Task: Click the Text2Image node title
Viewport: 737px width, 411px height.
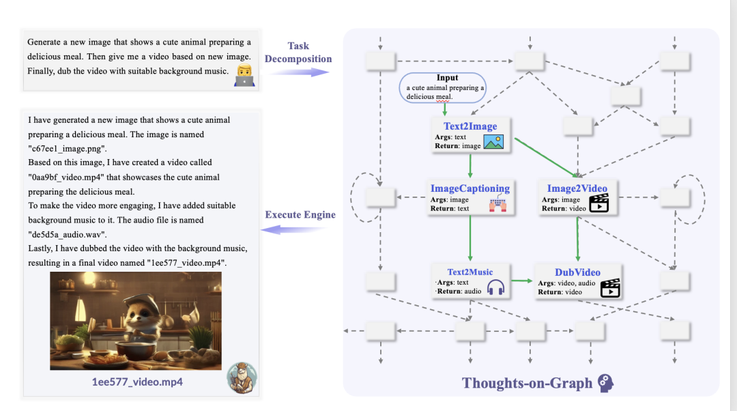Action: pyautogui.click(x=470, y=126)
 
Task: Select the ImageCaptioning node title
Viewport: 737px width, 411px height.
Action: pyautogui.click(x=469, y=188)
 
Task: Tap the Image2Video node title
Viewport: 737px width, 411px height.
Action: pyautogui.click(x=577, y=188)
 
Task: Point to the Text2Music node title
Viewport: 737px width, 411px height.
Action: pyautogui.click(x=469, y=272)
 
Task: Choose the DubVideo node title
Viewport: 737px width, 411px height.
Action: pyautogui.click(x=577, y=272)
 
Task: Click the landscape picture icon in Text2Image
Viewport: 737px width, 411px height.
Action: pyautogui.click(x=493, y=141)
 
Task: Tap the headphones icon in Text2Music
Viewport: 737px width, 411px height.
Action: pyautogui.click(x=495, y=288)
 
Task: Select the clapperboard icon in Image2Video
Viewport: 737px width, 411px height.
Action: pyautogui.click(x=598, y=203)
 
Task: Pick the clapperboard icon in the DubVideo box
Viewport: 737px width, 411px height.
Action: pyautogui.click(x=609, y=288)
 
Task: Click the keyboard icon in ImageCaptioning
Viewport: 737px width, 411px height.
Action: pyautogui.click(x=497, y=203)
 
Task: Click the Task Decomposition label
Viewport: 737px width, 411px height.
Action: pyautogui.click(x=298, y=53)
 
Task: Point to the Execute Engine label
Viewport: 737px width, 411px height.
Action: pyautogui.click(x=300, y=214)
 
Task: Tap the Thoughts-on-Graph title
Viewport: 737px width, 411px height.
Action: pyautogui.click(x=528, y=382)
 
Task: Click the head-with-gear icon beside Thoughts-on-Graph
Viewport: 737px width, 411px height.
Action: pyautogui.click(x=605, y=382)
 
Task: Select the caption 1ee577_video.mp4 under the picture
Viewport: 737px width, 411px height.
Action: pyautogui.click(x=137, y=382)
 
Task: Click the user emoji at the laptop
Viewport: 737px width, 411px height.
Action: pyautogui.click(x=243, y=76)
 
